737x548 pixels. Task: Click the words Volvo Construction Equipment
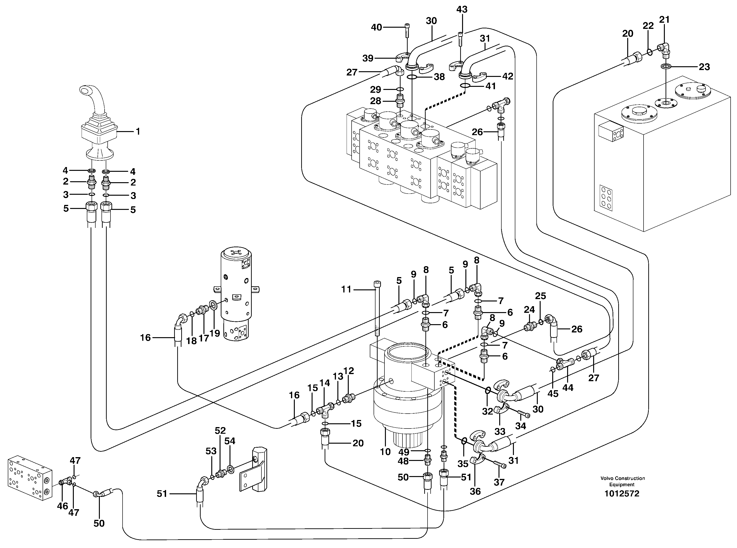click(622, 481)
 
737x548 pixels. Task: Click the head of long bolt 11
click(377, 284)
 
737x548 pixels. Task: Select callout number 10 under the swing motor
click(385, 451)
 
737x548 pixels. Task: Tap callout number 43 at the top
click(462, 9)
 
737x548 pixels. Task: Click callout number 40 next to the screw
click(376, 27)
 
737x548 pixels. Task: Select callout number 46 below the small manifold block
click(62, 506)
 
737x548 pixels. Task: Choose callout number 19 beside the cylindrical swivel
click(215, 333)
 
